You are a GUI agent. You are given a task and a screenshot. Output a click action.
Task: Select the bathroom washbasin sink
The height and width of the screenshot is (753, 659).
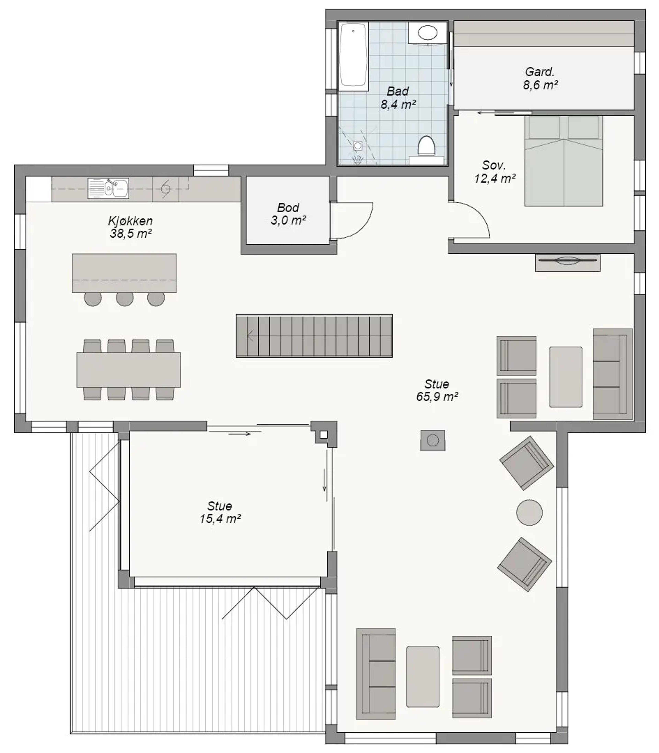tap(428, 33)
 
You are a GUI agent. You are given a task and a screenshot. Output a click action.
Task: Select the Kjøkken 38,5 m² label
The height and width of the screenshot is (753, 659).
tap(131, 227)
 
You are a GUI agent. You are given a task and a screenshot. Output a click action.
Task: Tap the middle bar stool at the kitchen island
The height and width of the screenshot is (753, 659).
tap(125, 299)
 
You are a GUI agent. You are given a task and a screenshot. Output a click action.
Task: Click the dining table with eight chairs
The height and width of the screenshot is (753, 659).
tap(128, 370)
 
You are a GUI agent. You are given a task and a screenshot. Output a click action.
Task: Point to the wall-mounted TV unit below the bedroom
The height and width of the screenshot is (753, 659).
tap(567, 262)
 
